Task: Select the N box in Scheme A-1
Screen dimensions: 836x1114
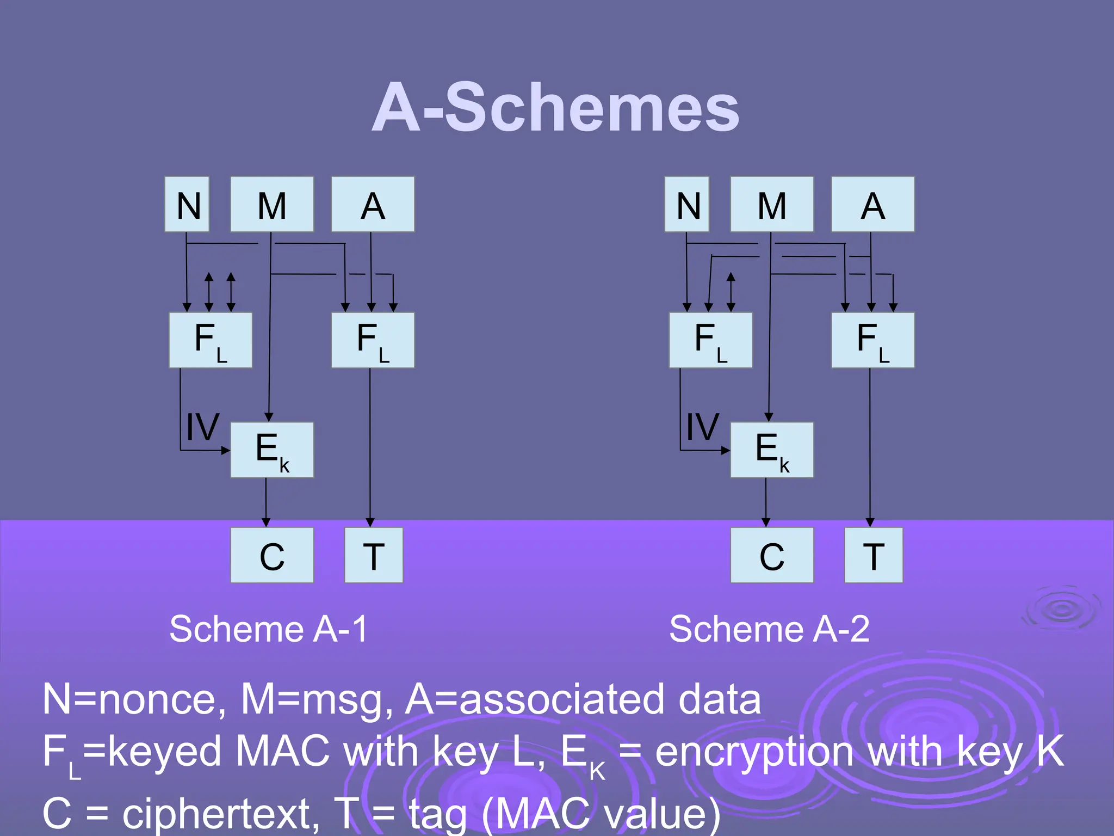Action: coord(187,205)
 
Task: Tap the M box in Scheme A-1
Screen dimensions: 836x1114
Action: coord(272,205)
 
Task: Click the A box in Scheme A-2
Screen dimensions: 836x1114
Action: coord(872,205)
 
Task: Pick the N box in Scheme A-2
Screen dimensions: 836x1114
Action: coord(687,205)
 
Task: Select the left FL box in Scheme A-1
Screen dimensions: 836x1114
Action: coord(211,340)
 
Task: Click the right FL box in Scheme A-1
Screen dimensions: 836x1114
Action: coord(373,340)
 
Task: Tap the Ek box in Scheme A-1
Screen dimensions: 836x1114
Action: coord(272,450)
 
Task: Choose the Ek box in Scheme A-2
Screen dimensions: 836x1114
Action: coord(772,450)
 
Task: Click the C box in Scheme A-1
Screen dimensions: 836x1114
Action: coord(272,555)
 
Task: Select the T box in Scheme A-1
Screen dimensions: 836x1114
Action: coord(374,555)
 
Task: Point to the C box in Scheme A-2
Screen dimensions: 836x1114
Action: coord(772,555)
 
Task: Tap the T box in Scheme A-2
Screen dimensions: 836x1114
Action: coord(874,555)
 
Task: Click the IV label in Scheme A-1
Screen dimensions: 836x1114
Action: coord(202,427)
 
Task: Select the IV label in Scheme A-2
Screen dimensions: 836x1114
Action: coord(702,427)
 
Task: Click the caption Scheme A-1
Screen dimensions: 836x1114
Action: coord(269,629)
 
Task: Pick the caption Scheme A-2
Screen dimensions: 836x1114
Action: coord(769,629)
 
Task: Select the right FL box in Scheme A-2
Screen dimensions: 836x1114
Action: coord(872,340)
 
